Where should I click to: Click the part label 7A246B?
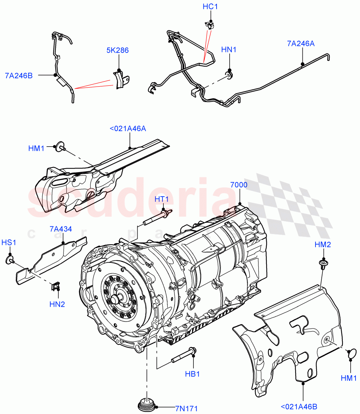[19, 75]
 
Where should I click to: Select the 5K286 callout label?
[117, 50]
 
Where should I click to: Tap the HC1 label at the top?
[210, 7]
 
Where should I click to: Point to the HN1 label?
[229, 50]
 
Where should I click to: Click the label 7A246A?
[301, 44]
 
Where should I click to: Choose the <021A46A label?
[128, 129]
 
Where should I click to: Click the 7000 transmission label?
[239, 185]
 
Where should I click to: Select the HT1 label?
[161, 199]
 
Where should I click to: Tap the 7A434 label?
[61, 229]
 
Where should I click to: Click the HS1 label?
[9, 243]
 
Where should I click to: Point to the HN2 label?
[57, 304]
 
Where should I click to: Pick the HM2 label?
[323, 245]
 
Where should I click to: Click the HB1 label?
[192, 374]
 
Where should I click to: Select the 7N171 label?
[186, 409]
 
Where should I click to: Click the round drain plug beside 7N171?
[147, 405]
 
